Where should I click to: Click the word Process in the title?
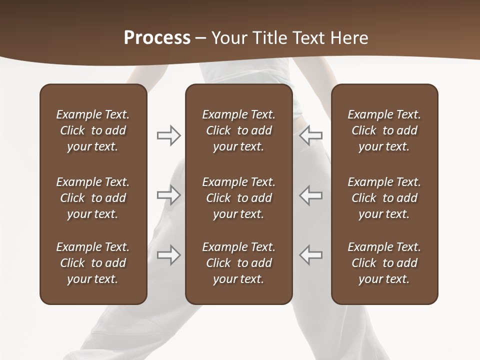(157, 37)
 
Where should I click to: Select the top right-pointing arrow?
(168, 135)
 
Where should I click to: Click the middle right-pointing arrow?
(168, 194)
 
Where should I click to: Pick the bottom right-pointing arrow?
(168, 254)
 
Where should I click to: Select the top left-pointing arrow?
(310, 135)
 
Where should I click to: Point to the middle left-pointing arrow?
(310, 194)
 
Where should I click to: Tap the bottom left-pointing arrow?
(310, 254)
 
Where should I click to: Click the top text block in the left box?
(93, 130)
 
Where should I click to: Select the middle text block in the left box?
(93, 198)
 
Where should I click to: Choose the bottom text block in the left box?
(93, 263)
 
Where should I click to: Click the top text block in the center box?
(239, 130)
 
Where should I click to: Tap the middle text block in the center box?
(239, 198)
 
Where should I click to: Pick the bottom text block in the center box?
(239, 263)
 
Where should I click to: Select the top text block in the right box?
(384, 130)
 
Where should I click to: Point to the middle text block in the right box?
(384, 198)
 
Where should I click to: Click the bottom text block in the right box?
(384, 263)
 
